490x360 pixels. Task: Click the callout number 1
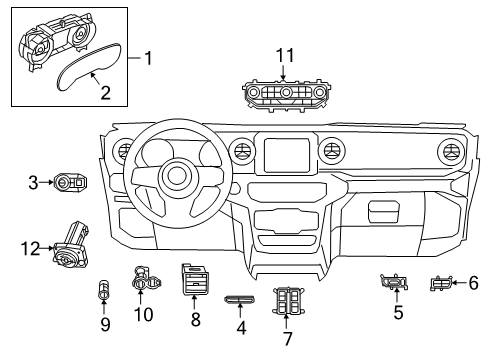[149, 59]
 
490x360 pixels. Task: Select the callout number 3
[33, 182]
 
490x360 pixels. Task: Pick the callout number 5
[397, 312]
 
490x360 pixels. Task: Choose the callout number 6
[474, 283]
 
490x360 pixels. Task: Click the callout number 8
[196, 320]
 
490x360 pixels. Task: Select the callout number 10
[143, 315]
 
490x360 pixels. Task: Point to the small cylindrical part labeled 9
[104, 293]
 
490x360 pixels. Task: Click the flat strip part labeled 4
[240, 300]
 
